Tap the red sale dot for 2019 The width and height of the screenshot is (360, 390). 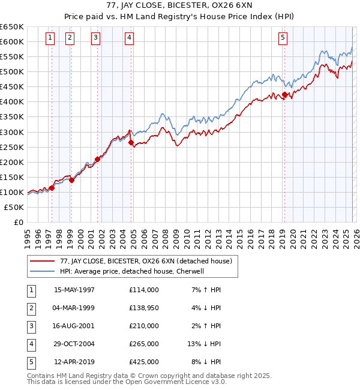click(284, 94)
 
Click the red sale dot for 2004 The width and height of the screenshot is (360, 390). click(131, 142)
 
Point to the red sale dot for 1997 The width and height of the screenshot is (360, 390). click(52, 188)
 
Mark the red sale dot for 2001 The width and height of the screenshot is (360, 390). click(97, 159)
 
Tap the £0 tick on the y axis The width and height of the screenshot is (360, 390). click(18, 222)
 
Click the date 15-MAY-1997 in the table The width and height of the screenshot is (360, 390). click(74, 290)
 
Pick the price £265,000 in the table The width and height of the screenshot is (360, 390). click(144, 344)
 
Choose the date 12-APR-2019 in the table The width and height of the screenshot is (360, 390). click(74, 362)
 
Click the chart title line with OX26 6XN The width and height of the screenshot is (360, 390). click(180, 7)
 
